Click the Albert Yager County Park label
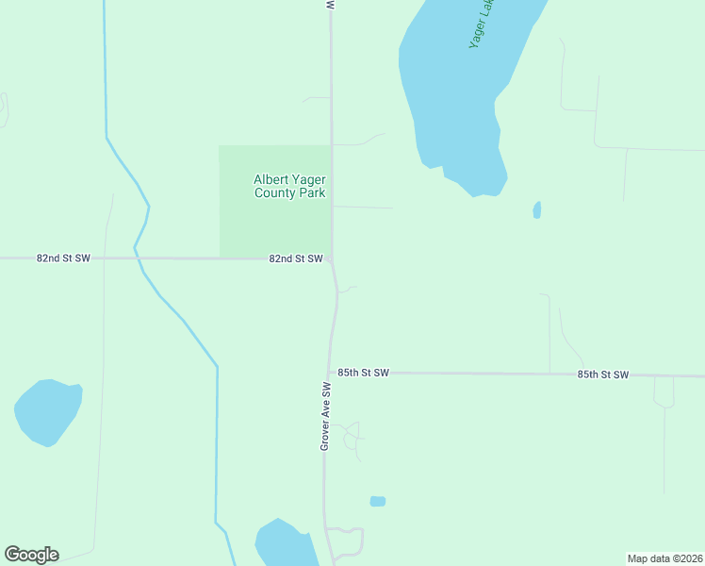tap(289, 186)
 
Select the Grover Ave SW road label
tap(324, 416)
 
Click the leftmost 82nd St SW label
tap(63, 258)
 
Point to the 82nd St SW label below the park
tap(295, 258)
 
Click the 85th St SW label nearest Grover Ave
tap(363, 373)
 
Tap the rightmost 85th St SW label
tap(602, 375)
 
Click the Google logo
tap(31, 555)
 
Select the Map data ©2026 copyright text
tap(664, 558)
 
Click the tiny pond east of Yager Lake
tap(537, 209)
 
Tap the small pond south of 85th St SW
tap(378, 501)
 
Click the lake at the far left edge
tap(47, 410)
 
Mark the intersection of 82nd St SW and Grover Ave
tap(331, 258)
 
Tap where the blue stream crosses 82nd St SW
tap(137, 258)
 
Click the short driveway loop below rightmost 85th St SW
tap(664, 393)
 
